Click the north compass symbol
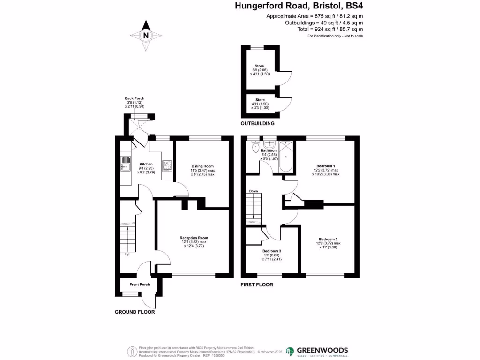click(146, 35)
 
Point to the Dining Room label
click(202, 166)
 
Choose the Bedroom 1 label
click(325, 166)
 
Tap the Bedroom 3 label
click(272, 251)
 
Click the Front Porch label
click(140, 285)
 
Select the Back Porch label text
click(135, 98)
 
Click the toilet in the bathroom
click(255, 148)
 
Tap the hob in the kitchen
click(167, 165)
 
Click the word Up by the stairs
click(127, 255)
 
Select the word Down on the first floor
click(253, 191)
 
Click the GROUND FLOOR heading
click(135, 312)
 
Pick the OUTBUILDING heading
click(257, 124)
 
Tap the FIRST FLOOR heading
click(256, 285)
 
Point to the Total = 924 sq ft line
click(330, 29)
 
